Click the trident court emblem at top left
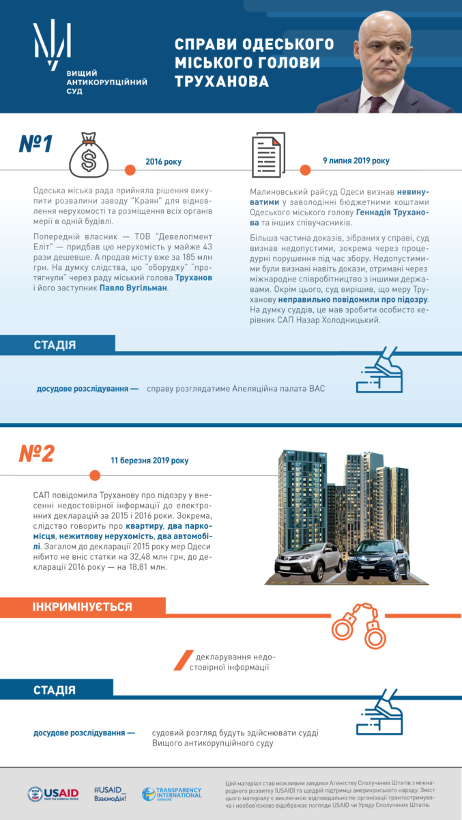click(x=53, y=44)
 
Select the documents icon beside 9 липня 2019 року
click(x=268, y=155)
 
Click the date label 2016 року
click(x=164, y=162)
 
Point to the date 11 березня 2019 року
click(x=149, y=461)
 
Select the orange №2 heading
click(x=36, y=454)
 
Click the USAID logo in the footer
click(x=53, y=794)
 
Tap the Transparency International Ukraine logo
click(x=172, y=793)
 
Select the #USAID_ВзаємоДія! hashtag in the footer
click(x=110, y=793)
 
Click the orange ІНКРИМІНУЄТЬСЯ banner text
click(x=83, y=607)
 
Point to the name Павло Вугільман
click(x=133, y=288)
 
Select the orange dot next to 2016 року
click(x=130, y=169)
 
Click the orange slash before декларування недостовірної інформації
click(x=180, y=660)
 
